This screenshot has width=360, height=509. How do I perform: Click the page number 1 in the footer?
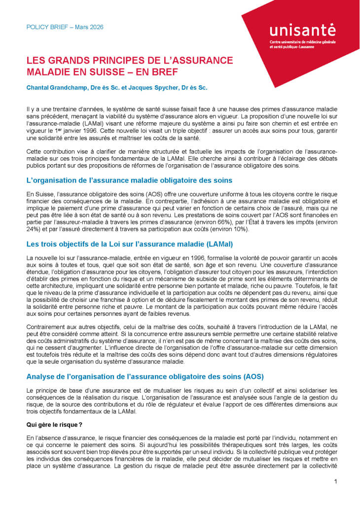(x=335, y=481)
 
